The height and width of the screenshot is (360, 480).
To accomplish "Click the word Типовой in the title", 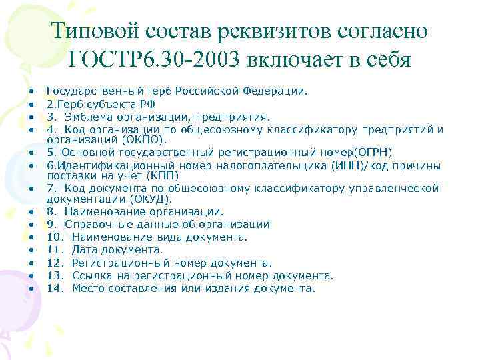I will point(93,31).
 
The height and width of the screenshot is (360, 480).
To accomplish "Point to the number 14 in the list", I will point(54,289).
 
